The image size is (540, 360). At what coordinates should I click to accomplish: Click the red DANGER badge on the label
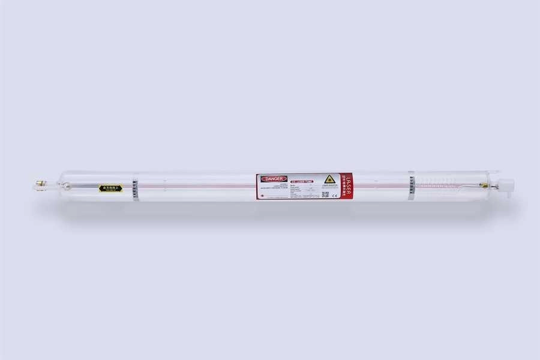pos(274,178)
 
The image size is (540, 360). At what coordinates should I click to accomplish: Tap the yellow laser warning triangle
pos(329,179)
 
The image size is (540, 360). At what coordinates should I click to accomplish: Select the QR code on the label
pos(325,194)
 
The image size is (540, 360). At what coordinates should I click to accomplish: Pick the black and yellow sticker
pos(110,188)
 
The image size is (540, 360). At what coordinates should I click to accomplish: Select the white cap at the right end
pos(505,184)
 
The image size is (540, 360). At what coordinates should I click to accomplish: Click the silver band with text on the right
pos(411,186)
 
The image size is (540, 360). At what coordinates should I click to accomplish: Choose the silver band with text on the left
pos(136,188)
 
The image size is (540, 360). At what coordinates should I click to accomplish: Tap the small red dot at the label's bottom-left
pos(262,195)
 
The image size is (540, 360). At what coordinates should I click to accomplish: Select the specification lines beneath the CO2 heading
pos(299,190)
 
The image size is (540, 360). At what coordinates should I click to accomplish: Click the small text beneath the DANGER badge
pos(273,187)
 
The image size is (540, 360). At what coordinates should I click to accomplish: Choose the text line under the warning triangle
pos(329,186)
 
